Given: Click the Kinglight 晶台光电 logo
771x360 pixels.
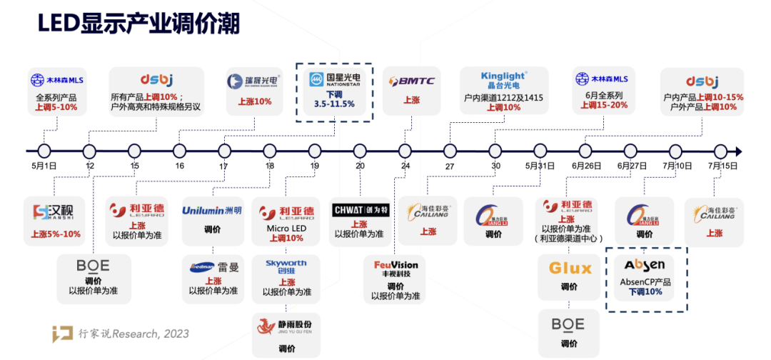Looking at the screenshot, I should coord(504,79).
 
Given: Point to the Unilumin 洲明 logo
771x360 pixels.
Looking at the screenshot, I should coord(212,211).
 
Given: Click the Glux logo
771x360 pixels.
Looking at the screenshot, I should coord(570,269).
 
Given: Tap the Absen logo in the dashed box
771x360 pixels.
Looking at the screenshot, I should coord(645,266).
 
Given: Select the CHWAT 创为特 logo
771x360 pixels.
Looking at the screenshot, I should coord(361,210).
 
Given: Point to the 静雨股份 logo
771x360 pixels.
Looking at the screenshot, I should coord(286,326).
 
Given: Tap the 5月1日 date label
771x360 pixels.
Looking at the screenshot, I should coord(44,166).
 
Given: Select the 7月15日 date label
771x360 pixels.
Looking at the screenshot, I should coord(720,166).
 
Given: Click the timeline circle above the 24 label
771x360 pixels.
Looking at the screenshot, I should coord(405,151).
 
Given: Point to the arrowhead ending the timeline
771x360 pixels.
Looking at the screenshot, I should coord(739,151).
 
